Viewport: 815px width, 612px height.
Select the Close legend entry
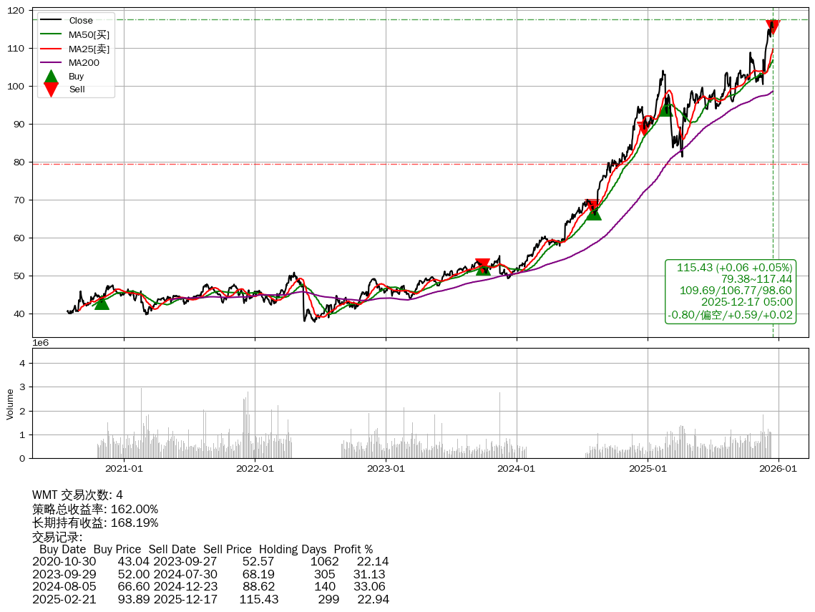[x=81, y=21]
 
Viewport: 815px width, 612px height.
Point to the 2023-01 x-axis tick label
[x=386, y=470]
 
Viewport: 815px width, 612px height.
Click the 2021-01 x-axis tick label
[x=124, y=470]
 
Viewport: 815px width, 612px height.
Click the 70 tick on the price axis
[x=19, y=200]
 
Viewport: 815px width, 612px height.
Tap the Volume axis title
[x=10, y=404]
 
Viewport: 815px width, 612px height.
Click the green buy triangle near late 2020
[x=102, y=303]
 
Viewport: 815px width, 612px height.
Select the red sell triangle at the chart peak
[x=773, y=27]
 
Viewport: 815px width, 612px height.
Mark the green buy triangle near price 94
[x=665, y=109]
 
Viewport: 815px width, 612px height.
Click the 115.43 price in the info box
[x=695, y=268]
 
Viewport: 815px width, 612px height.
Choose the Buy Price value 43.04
[x=134, y=562]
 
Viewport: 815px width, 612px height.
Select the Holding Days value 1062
[x=325, y=562]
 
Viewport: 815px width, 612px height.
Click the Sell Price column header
[x=227, y=550]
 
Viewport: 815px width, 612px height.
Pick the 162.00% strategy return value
[x=135, y=509]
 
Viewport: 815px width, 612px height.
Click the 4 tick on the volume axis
[x=23, y=364]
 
